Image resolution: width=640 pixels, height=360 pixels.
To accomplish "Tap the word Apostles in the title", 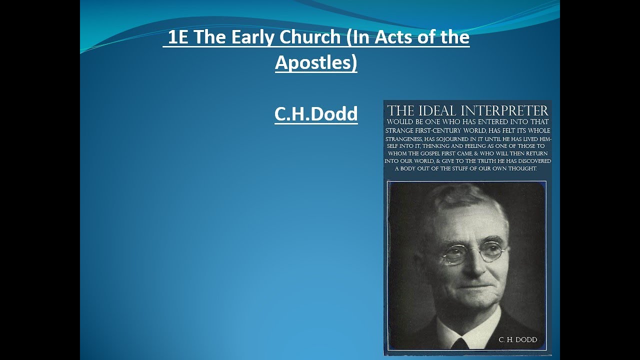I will click(316, 62).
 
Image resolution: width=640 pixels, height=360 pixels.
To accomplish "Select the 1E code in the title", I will click(178, 38).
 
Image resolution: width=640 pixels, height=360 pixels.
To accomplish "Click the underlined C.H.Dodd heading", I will click(316, 114).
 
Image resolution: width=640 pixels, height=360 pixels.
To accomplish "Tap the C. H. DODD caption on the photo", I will click(517, 340).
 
